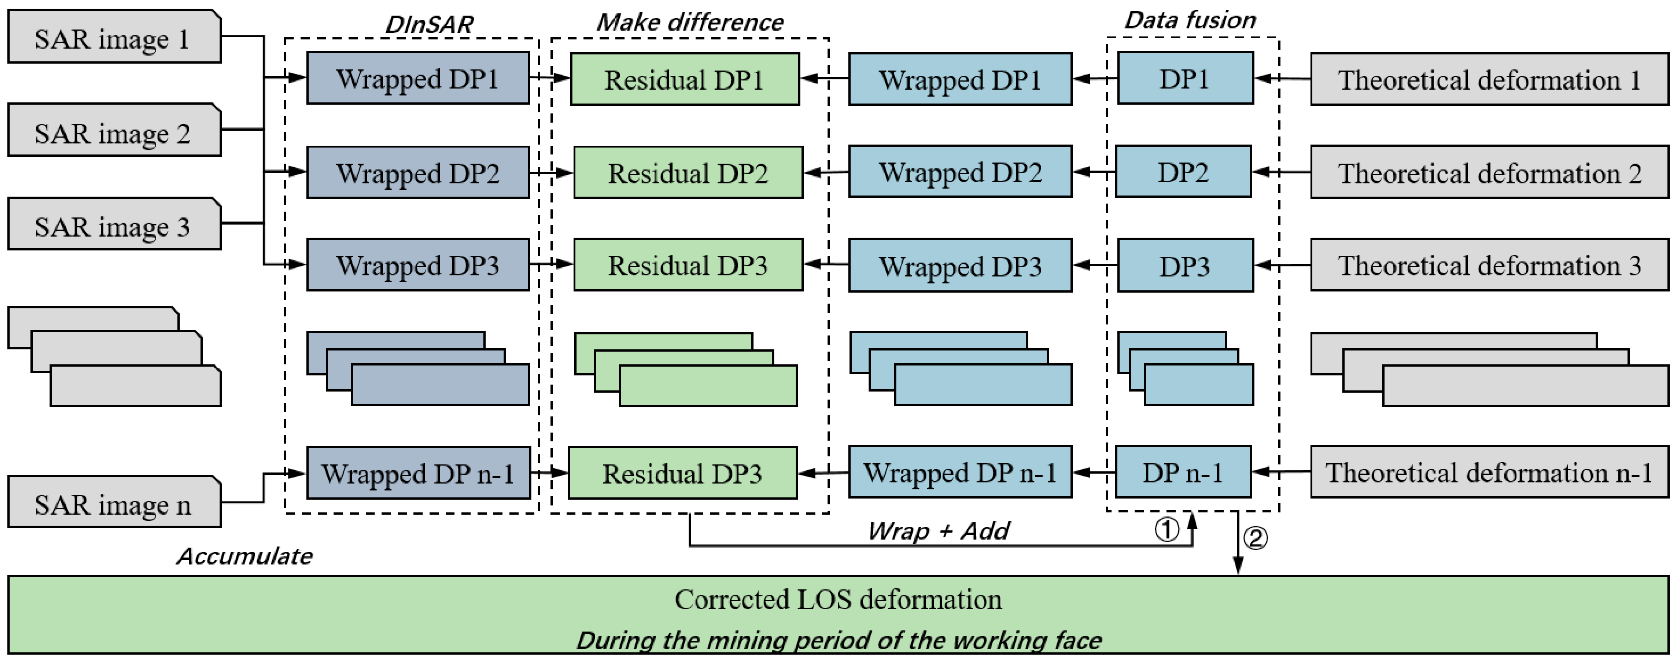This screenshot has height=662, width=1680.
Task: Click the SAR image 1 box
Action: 114,37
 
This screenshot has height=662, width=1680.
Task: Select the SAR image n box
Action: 114,502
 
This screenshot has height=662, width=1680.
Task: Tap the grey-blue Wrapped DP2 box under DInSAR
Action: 417,173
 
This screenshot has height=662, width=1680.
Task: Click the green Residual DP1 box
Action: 684,79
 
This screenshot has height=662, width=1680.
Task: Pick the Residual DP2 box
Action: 688,173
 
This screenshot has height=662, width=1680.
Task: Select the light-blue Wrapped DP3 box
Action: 959,266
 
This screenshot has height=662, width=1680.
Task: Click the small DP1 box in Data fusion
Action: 1185,79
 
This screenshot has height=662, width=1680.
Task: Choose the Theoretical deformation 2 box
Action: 1489,173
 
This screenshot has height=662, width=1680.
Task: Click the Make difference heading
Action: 690,22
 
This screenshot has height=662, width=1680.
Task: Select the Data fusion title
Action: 1190,20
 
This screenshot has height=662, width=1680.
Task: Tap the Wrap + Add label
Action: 938,531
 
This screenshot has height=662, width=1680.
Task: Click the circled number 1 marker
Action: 1167,529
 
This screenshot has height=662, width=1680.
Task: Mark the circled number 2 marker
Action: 1256,538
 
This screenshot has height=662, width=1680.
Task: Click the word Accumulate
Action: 245,556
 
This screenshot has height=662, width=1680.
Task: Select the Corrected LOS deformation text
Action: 838,599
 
